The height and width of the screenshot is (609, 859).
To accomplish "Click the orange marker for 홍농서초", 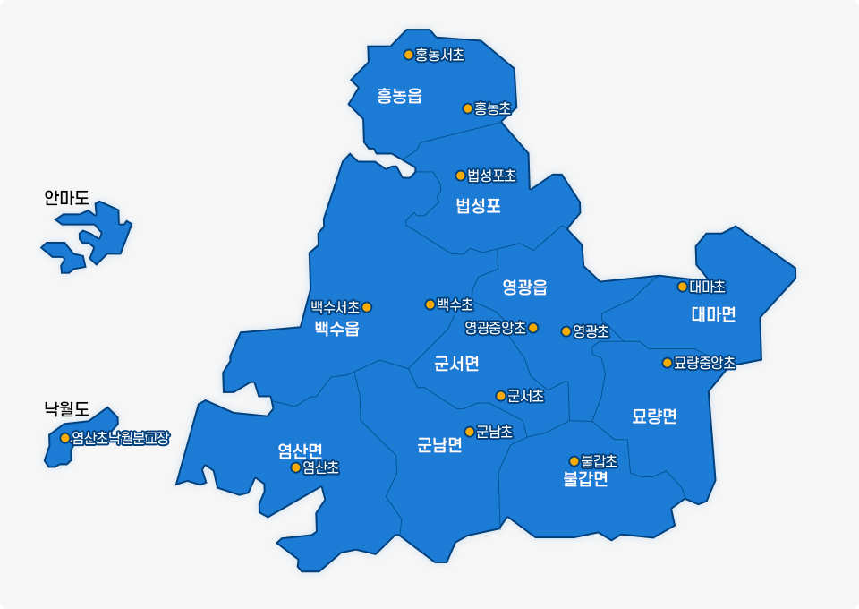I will (409, 55).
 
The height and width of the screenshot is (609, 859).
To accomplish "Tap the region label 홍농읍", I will (399, 96).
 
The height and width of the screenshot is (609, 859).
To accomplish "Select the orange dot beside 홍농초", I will (467, 108).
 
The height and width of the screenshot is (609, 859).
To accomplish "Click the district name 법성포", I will (478, 206).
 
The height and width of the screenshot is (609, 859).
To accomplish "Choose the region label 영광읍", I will (524, 287).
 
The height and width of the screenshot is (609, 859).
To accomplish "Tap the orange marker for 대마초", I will (683, 287).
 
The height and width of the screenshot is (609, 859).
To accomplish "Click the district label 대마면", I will (713, 313).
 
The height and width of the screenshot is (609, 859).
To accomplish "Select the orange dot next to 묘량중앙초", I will (667, 363).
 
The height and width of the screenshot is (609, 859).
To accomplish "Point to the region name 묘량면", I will (654, 416).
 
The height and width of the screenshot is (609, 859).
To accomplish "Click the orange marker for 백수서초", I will (366, 307).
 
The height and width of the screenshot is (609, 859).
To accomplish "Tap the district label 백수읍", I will (336, 329).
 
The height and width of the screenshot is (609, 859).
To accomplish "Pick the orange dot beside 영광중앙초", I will (533, 328).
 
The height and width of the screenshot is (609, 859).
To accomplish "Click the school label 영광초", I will (591, 331).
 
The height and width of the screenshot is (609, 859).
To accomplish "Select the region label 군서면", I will (456, 363).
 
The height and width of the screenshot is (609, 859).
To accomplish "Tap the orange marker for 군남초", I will (469, 432).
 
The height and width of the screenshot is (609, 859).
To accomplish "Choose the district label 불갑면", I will (585, 478).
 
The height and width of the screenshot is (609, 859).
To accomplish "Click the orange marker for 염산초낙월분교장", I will (64, 438).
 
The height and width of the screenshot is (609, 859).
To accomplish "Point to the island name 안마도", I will (67, 197).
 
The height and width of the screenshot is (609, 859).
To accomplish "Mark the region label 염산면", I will (300, 450).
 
